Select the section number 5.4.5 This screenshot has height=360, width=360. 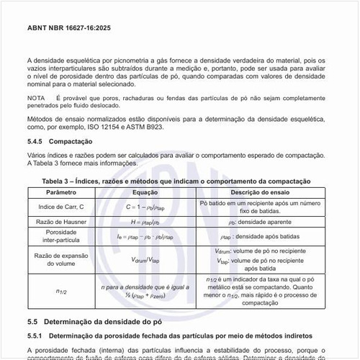pyautogui.click(x=36, y=142)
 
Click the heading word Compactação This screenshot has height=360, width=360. pyautogui.click(x=76, y=142)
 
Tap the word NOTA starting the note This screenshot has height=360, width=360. pyautogui.click(x=37, y=96)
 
